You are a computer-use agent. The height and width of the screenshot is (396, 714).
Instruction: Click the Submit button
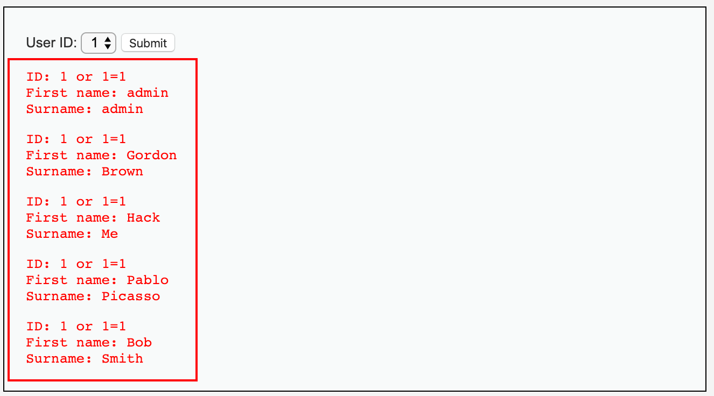[x=148, y=43]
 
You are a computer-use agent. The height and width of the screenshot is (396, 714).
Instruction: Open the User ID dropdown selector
[x=99, y=43]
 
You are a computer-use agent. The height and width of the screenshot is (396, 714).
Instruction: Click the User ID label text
[x=52, y=43]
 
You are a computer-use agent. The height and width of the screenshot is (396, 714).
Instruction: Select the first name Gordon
[x=151, y=155]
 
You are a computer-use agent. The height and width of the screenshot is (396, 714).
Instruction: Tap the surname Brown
[x=122, y=172]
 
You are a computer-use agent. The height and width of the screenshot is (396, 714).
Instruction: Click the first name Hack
[x=143, y=218]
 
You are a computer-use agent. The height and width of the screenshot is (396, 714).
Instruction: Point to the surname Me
[x=110, y=234]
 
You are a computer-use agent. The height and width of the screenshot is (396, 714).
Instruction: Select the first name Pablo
[x=148, y=280]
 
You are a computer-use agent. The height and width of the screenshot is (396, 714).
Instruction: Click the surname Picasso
[x=131, y=296]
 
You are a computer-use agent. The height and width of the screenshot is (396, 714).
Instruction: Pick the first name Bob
[x=139, y=343]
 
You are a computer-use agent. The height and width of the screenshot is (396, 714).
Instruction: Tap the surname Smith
[x=122, y=359]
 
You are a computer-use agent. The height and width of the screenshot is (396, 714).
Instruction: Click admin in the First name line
[x=148, y=93]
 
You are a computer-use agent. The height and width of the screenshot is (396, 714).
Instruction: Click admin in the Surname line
[x=122, y=109]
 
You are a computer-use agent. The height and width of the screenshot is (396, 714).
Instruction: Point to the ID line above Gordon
[x=76, y=139]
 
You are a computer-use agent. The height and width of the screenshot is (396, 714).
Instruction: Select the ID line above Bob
[x=76, y=327]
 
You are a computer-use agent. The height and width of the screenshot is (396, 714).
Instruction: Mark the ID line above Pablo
[x=76, y=264]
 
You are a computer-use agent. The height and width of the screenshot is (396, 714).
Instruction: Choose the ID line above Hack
[x=76, y=202]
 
